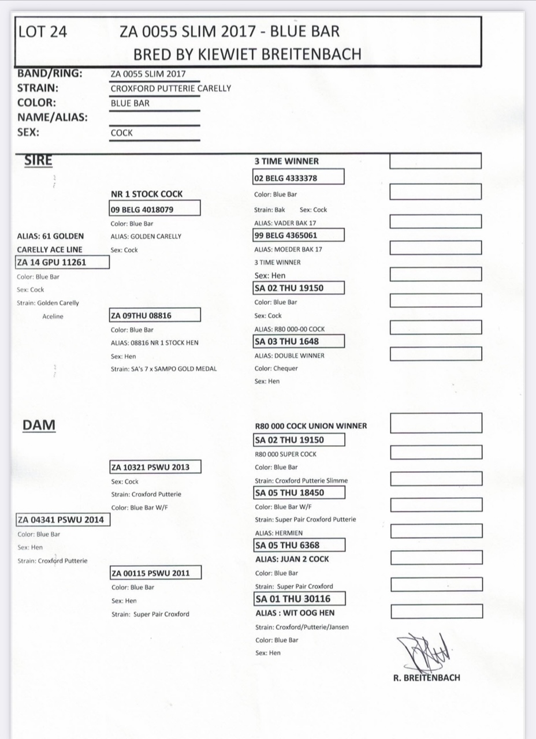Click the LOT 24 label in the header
click(43, 32)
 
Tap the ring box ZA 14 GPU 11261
click(62, 263)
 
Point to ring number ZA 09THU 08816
click(154, 315)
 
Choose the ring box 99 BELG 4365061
click(298, 235)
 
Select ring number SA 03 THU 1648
click(298, 341)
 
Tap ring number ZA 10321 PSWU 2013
click(155, 466)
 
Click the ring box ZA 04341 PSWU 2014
click(62, 520)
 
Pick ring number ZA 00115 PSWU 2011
click(155, 573)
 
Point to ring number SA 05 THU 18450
click(299, 492)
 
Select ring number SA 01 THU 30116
click(299, 599)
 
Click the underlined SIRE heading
click(38, 161)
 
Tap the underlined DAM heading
click(39, 426)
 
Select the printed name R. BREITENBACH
click(426, 678)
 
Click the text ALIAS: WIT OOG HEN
click(295, 613)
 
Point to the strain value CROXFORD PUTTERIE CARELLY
click(170, 88)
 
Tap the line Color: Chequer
click(276, 368)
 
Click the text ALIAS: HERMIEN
click(278, 533)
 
